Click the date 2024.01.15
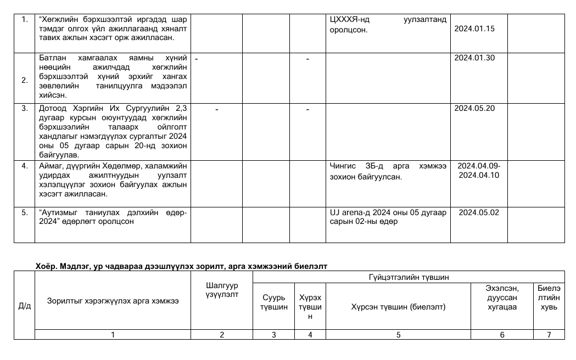click(474, 29)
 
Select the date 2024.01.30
click(474, 58)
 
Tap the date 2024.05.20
click(474, 108)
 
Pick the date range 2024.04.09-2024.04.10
click(479, 170)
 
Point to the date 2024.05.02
click(479, 212)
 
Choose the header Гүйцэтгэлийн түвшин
click(409, 278)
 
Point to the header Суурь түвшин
click(273, 302)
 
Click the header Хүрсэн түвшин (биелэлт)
click(398, 306)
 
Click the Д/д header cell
click(24, 306)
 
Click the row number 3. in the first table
click(24, 108)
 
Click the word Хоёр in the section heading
click(45, 266)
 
